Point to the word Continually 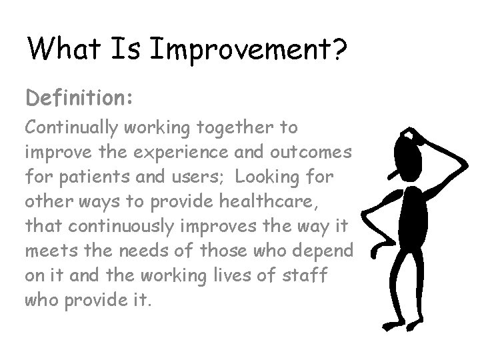[73, 127]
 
